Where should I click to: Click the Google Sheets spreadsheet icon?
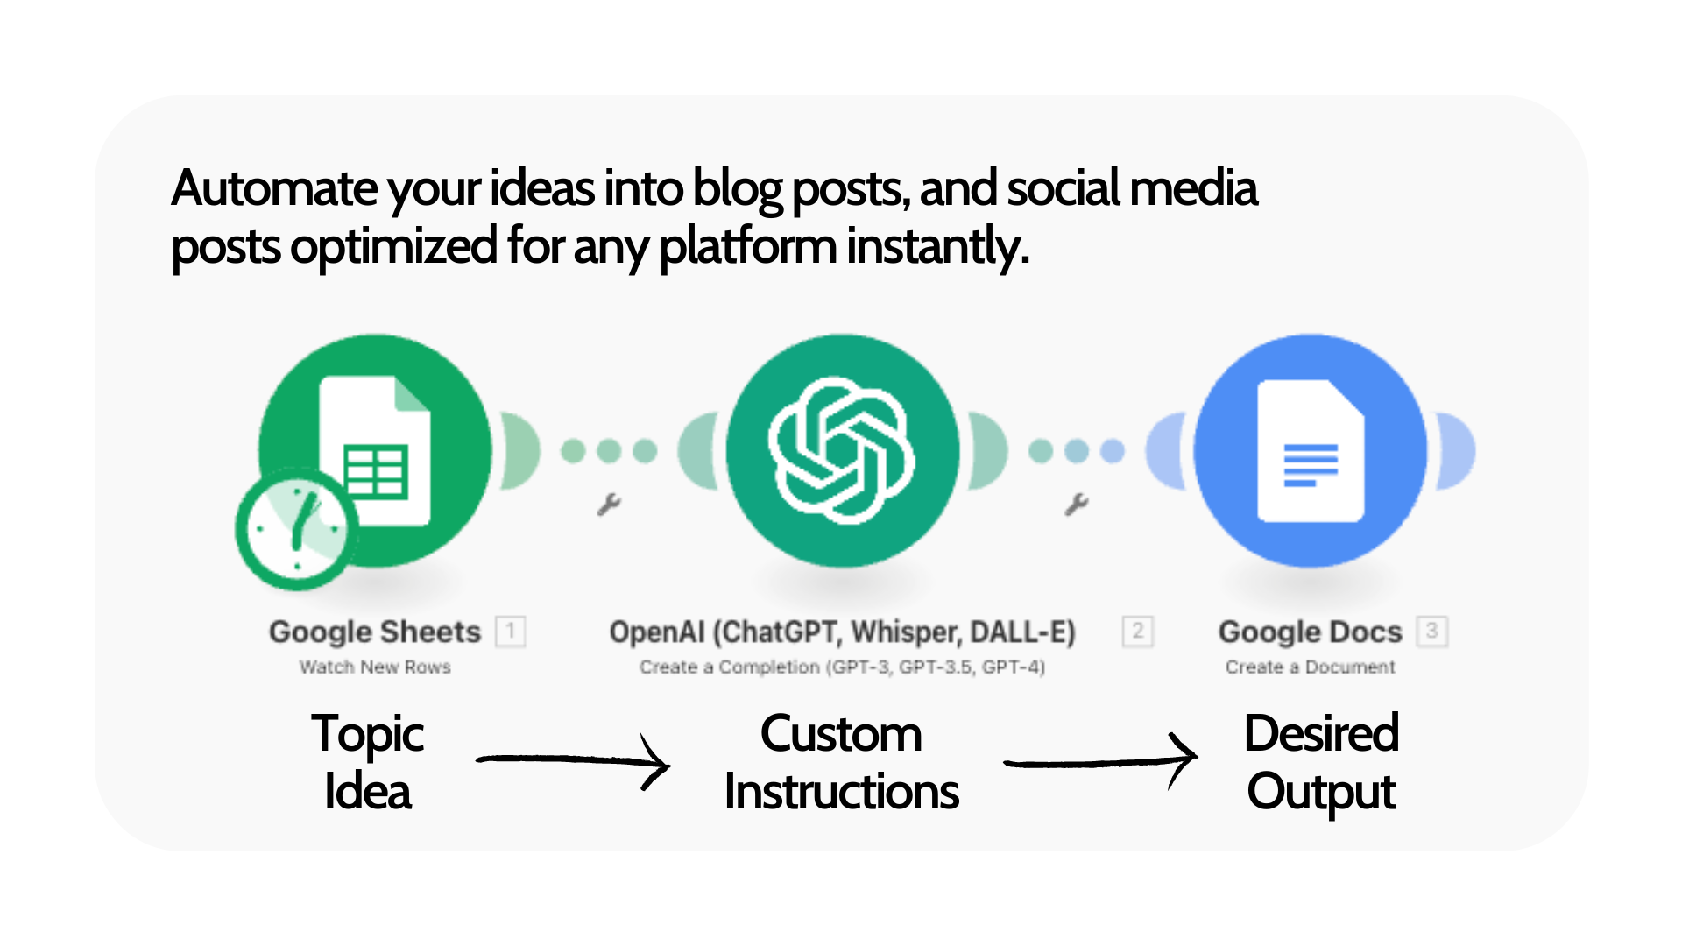click(x=375, y=450)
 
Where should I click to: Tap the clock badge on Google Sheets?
click(x=296, y=528)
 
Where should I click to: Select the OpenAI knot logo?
click(x=841, y=450)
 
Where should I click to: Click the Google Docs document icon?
click(x=1311, y=450)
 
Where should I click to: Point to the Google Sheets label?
click(x=375, y=632)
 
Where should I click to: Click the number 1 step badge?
click(x=511, y=631)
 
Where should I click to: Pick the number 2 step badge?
click(x=1137, y=631)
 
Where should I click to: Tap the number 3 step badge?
click(x=1431, y=631)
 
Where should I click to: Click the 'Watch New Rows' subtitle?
click(x=375, y=667)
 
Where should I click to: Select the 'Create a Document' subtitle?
click(x=1310, y=667)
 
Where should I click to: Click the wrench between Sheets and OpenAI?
click(x=609, y=505)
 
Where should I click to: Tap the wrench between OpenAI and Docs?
click(x=1077, y=505)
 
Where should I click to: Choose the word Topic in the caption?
click(x=368, y=734)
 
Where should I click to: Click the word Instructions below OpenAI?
click(x=841, y=792)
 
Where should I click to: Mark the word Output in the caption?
click(x=1321, y=792)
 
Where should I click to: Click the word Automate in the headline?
click(x=274, y=188)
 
